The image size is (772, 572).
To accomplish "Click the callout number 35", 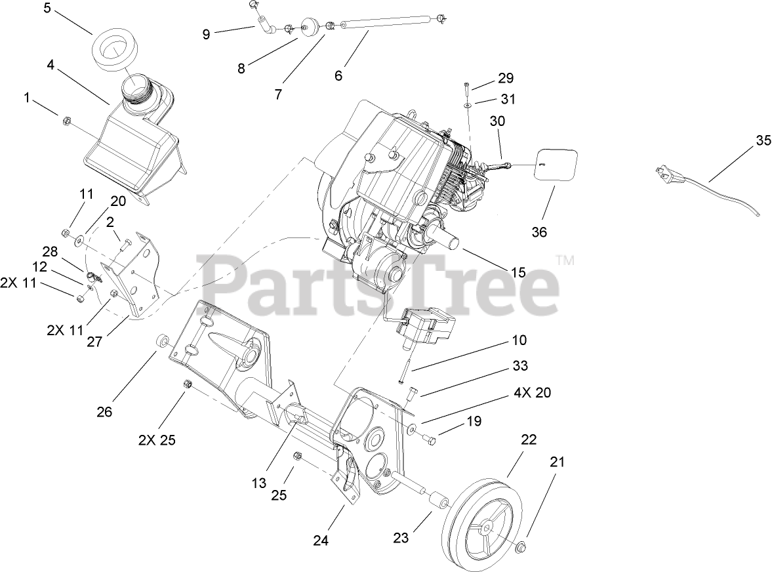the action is tap(763, 141).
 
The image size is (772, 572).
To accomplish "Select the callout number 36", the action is tap(539, 232).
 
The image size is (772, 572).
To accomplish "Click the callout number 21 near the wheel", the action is tap(557, 462).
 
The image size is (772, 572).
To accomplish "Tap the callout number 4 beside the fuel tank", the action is tap(51, 65).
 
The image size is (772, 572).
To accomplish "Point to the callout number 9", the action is tap(207, 35).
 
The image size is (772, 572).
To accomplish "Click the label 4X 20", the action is tap(533, 394).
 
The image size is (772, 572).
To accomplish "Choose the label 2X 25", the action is tap(157, 440).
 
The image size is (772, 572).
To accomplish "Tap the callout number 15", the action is tap(518, 271).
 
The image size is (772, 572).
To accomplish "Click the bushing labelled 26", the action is tap(161, 342).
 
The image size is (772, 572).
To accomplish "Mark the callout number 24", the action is tap(320, 541).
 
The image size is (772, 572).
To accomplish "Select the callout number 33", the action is tap(520, 365).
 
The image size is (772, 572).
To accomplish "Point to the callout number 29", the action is tap(505, 79).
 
